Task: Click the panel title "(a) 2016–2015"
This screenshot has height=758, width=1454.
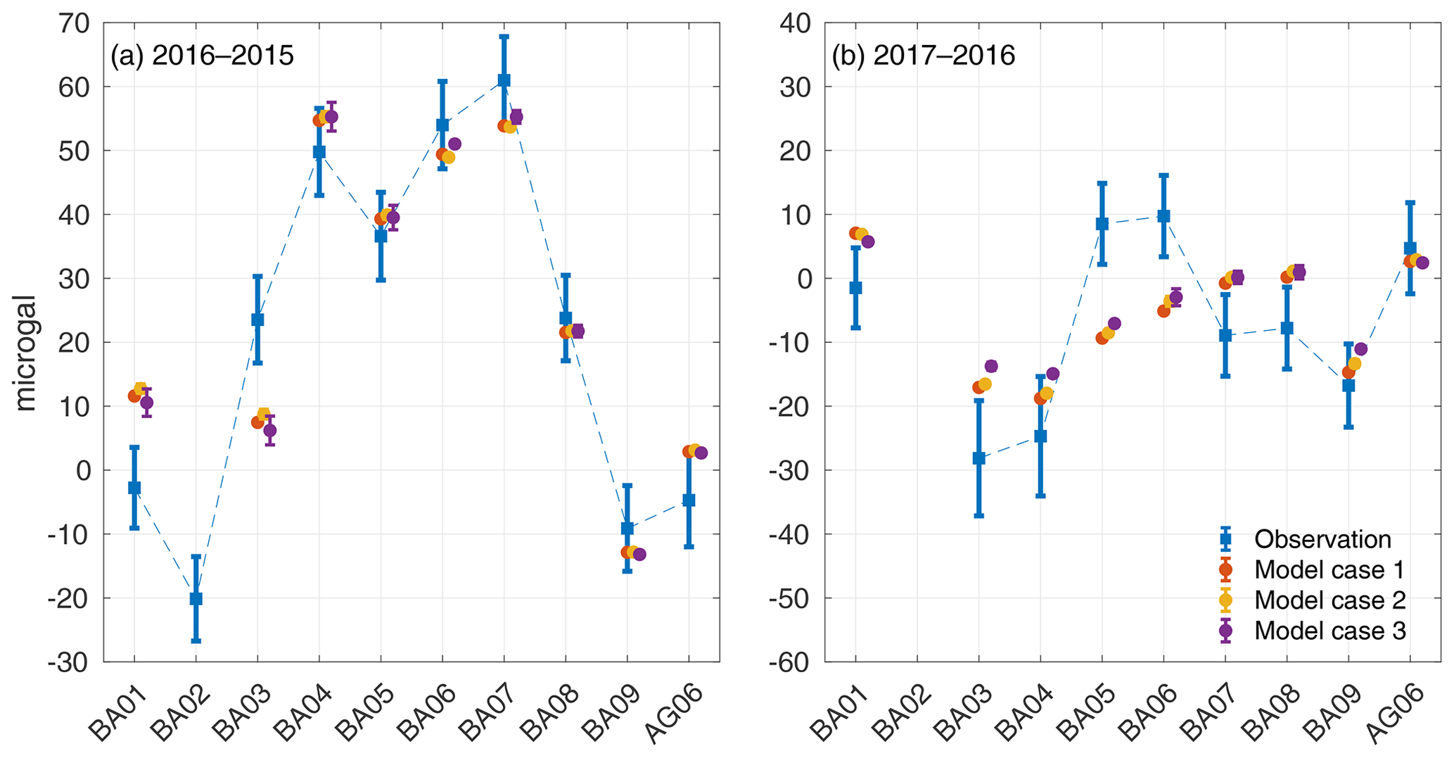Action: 202,56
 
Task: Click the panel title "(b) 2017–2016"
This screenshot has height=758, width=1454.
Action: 923,56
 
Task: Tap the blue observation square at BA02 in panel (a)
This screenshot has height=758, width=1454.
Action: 196,598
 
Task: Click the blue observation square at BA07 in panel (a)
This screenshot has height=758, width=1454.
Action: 504,80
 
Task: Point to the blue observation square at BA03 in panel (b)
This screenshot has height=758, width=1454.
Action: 978,458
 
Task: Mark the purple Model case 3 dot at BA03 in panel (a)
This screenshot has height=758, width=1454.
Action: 269,430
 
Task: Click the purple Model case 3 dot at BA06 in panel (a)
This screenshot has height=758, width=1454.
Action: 454,144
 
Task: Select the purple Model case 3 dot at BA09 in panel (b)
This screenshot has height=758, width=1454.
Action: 1360,349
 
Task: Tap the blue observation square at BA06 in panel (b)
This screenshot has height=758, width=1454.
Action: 1163,216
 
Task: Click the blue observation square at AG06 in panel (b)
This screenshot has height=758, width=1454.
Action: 1410,248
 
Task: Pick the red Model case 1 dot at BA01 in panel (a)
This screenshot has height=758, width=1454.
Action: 134,396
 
